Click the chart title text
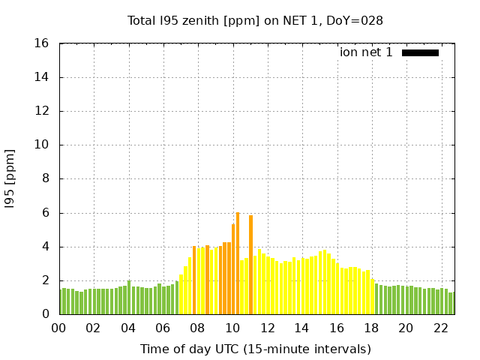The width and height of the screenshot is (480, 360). [255, 20]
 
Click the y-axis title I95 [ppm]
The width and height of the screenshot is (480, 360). [10, 180]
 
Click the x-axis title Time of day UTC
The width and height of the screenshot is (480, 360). [255, 349]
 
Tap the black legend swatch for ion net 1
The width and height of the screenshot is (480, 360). [420, 52]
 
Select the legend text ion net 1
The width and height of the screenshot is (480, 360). [366, 52]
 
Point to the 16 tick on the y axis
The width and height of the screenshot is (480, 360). [42, 43]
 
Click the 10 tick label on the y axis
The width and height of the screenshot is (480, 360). [42, 145]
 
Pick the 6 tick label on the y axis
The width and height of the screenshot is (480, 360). [45, 213]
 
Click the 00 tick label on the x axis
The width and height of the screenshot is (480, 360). [58, 328]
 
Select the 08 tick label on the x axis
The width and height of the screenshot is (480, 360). [197, 328]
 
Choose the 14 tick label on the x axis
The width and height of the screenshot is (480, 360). [301, 328]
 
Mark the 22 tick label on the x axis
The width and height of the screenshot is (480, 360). [440, 328]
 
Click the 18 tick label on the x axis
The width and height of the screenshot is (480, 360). [370, 328]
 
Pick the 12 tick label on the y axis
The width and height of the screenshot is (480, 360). [42, 111]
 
